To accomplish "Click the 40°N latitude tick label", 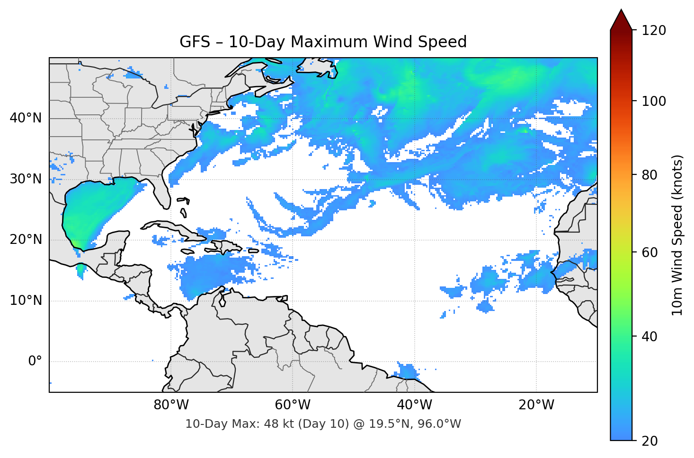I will point(26,118).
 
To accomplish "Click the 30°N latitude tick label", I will point(26,179).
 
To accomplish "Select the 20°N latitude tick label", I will point(26,240).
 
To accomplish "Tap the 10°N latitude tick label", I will point(26,301).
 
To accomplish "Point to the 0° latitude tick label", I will point(35,362).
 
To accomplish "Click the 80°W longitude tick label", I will point(171,405).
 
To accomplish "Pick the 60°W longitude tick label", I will point(293,405).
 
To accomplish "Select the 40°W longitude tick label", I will point(414,405).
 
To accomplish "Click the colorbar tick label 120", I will point(654,31).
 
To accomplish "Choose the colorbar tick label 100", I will point(654,101).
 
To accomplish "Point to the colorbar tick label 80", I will point(650,175).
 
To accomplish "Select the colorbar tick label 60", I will point(650,252).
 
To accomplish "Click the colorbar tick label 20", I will point(650,441).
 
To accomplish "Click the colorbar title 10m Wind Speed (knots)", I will point(677,235).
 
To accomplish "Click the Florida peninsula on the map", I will point(162,191).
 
